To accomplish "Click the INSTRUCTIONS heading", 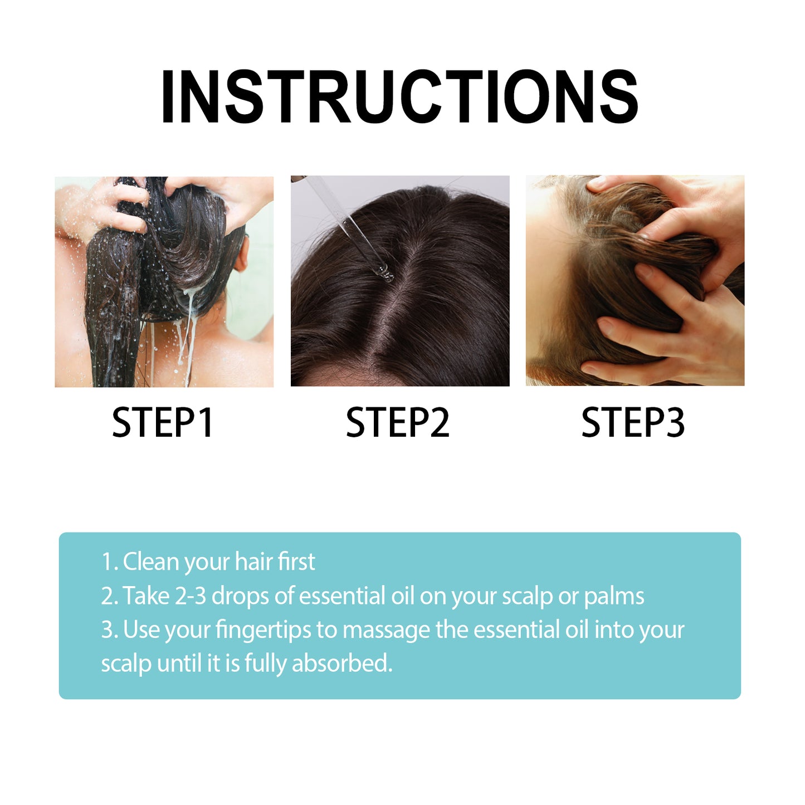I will [x=399, y=96].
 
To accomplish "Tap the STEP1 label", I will [x=163, y=423].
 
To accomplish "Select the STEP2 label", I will [x=397, y=423].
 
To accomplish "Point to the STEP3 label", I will [x=633, y=423].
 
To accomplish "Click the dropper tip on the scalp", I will [x=384, y=272].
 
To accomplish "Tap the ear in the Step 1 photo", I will [x=241, y=257].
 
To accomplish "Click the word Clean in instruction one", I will [x=150, y=562].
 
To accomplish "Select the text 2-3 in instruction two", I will [x=191, y=596].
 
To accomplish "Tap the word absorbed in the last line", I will [x=342, y=663].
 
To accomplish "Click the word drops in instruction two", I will [x=240, y=597].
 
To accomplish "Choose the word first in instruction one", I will [x=296, y=562].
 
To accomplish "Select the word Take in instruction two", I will [x=146, y=596].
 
